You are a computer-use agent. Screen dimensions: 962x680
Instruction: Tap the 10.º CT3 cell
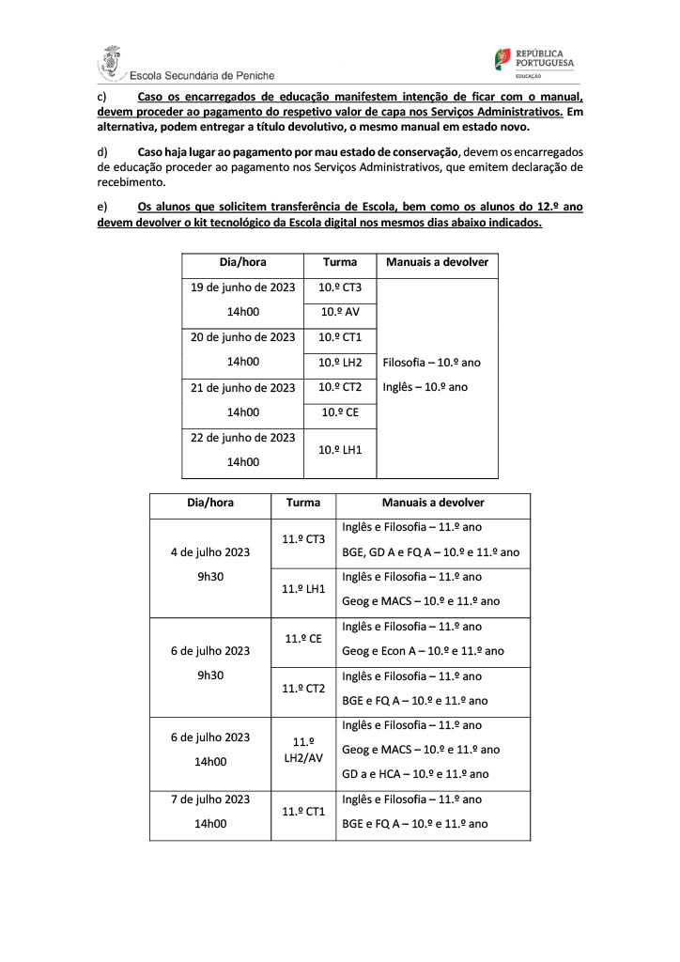pyautogui.click(x=340, y=287)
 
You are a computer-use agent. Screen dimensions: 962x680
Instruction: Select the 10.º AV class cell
pyautogui.click(x=340, y=312)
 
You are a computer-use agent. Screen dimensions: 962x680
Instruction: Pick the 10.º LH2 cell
pyautogui.click(x=340, y=362)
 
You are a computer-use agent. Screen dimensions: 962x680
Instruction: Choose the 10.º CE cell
pyautogui.click(x=340, y=411)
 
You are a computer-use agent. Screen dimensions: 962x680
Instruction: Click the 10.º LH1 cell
pyautogui.click(x=340, y=450)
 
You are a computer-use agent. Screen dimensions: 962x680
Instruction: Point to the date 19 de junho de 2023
pyautogui.click(x=243, y=287)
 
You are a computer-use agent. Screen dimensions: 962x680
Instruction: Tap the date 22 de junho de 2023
pyautogui.click(x=243, y=438)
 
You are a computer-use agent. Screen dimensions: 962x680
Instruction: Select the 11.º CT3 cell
pyautogui.click(x=303, y=539)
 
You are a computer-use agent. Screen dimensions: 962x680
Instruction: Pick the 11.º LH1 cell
pyautogui.click(x=303, y=589)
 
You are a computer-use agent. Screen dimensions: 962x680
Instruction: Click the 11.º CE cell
pyautogui.click(x=303, y=639)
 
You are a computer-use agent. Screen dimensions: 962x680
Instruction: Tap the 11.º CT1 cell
pyautogui.click(x=303, y=811)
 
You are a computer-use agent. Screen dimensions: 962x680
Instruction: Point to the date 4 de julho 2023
pyautogui.click(x=209, y=552)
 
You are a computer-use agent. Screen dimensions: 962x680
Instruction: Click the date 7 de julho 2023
pyautogui.click(x=209, y=799)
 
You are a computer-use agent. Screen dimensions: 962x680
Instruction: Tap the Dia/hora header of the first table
pyautogui.click(x=243, y=263)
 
